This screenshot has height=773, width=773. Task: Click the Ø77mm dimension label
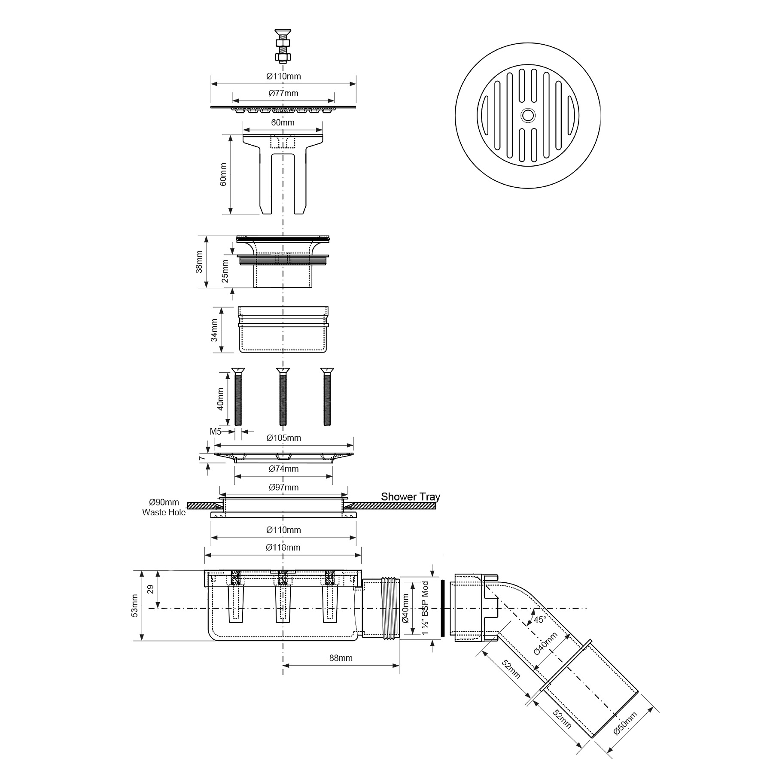[283, 93]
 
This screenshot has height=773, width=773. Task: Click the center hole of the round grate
[527, 115]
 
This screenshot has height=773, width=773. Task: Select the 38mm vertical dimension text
[199, 262]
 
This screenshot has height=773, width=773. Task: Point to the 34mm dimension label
[214, 330]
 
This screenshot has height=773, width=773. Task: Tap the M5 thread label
[216, 432]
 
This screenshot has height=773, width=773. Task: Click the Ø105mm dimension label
[283, 438]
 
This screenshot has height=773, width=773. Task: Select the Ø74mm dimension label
[283, 469]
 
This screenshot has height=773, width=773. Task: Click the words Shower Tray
[410, 497]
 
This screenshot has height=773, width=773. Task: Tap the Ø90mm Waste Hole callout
[164, 507]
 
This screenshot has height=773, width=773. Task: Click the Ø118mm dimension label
[283, 548]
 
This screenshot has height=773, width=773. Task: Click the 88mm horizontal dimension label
[341, 658]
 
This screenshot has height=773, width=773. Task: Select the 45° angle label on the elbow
[539, 620]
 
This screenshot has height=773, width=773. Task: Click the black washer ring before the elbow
[443, 609]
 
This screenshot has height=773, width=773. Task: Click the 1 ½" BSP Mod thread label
[425, 609]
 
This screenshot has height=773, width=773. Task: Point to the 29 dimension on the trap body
[150, 589]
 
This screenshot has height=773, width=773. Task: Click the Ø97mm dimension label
[283, 487]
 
